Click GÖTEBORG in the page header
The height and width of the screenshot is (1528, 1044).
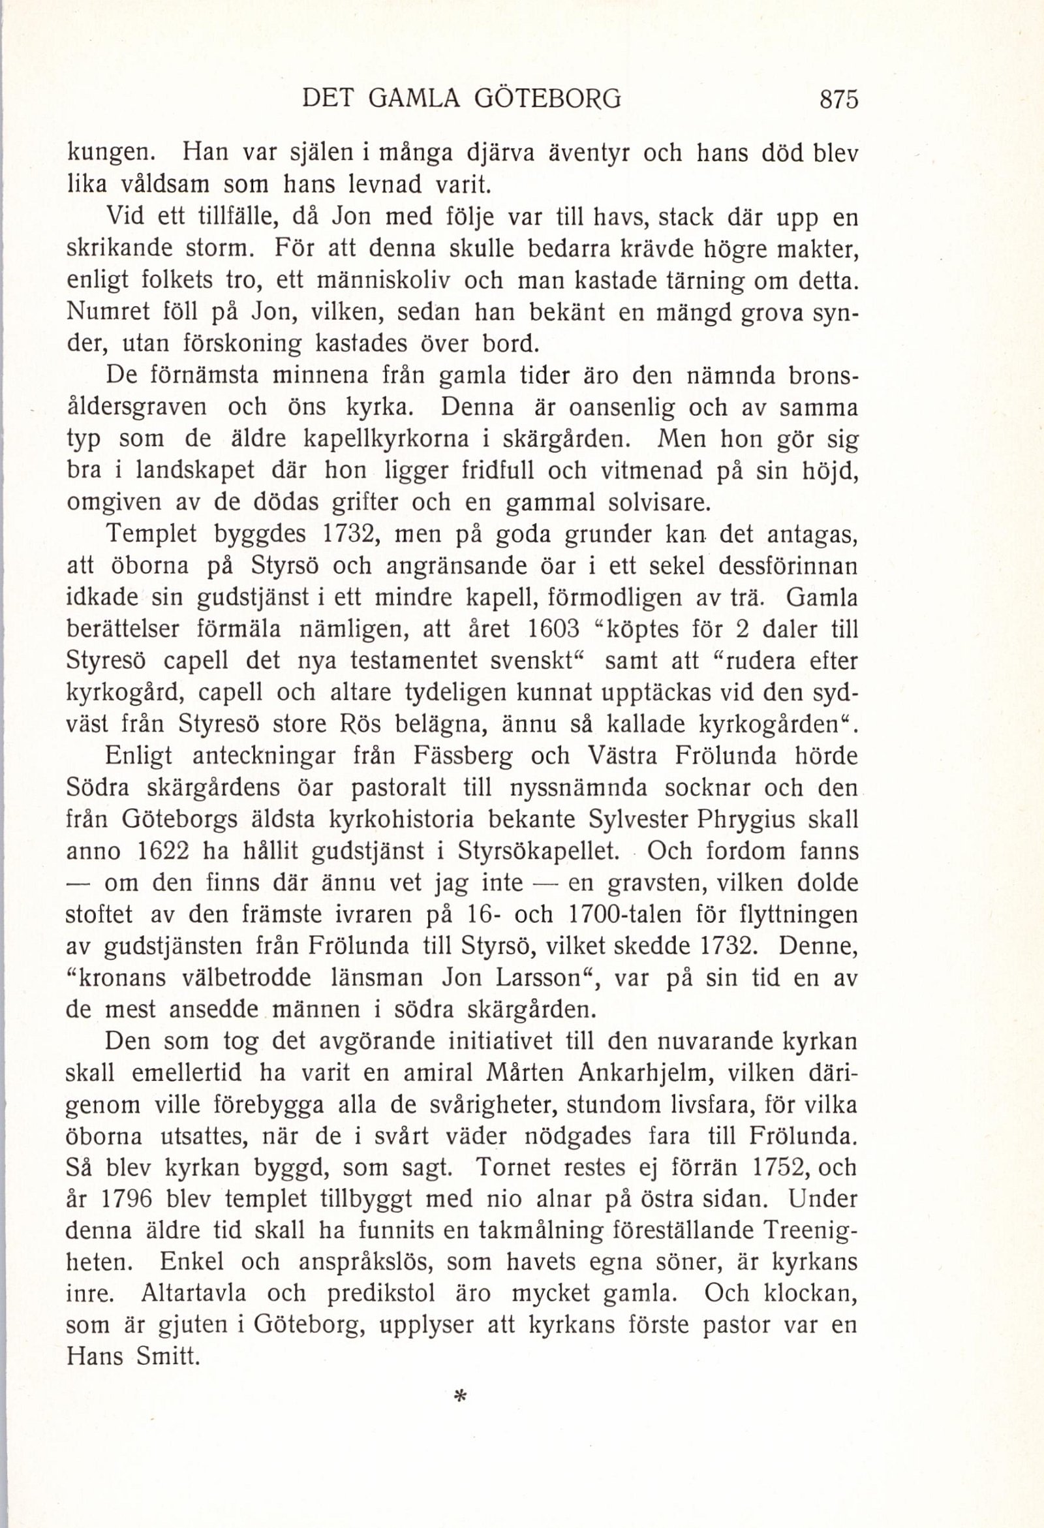coord(547,99)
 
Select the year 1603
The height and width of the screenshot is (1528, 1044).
coord(553,629)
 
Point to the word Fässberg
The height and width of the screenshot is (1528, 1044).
coord(463,756)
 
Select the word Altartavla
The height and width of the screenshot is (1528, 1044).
coord(193,1293)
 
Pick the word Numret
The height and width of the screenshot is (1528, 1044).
coord(109,313)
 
